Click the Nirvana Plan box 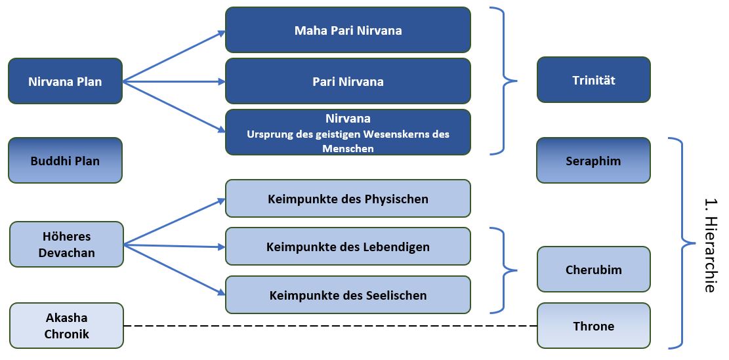click(65, 81)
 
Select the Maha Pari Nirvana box click(348, 30)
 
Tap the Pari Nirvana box click(348, 81)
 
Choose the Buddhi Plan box click(65, 160)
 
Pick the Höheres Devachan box click(66, 245)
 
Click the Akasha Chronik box click(66, 326)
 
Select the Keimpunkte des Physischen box click(348, 198)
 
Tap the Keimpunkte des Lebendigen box click(348, 246)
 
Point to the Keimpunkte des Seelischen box click(348, 295)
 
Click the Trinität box click(594, 80)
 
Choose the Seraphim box click(593, 160)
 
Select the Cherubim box click(594, 270)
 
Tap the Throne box click(594, 326)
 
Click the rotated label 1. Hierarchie click(709, 245)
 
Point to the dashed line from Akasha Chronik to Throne click(330, 326)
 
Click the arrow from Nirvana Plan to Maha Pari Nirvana click(174, 56)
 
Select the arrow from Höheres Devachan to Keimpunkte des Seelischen click(175, 270)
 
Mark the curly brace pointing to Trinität click(503, 81)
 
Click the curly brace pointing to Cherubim click(503, 270)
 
